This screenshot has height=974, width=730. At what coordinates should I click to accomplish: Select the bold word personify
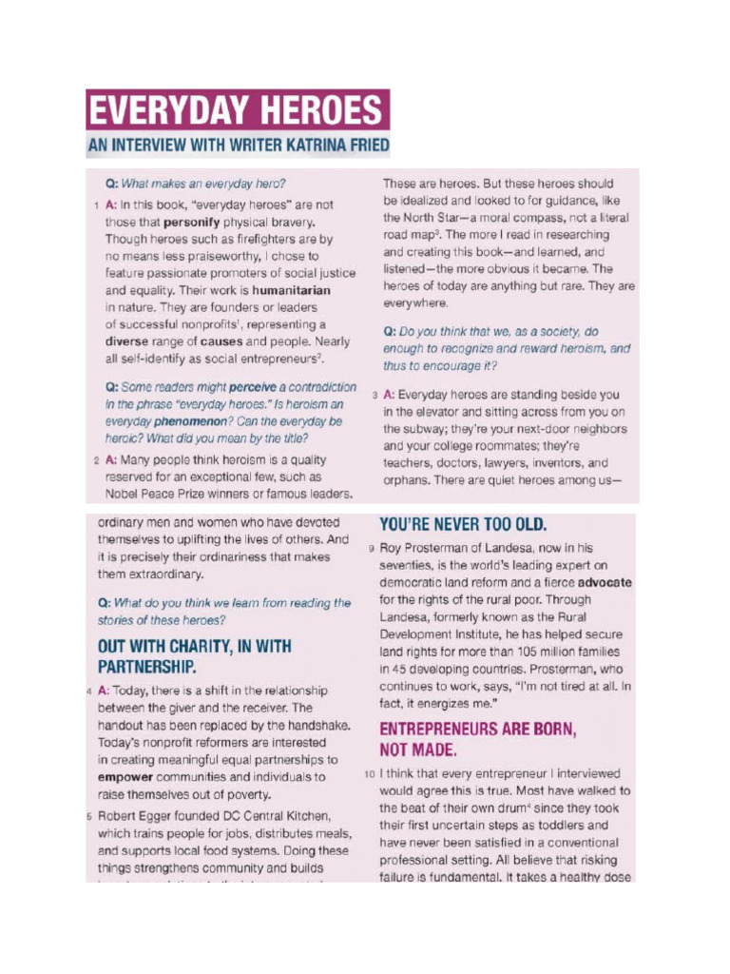coord(194,222)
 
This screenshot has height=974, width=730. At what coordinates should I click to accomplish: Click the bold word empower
coord(125,777)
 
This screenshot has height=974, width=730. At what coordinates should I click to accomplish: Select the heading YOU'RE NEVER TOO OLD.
coord(463,524)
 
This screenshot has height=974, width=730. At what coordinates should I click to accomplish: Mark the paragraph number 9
coord(370,549)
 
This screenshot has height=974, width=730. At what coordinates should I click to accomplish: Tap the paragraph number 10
coord(369,773)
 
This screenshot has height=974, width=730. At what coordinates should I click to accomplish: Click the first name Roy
coord(392,548)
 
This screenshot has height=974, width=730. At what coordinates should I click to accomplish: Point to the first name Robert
coord(120,816)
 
